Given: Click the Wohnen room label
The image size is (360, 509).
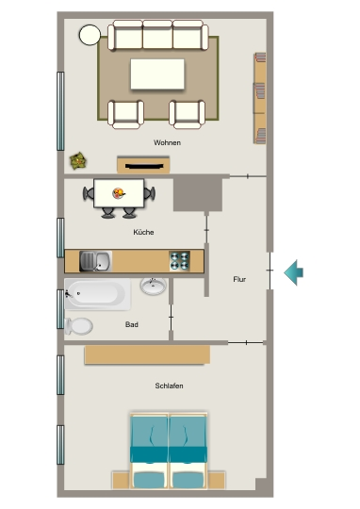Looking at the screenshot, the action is click(167, 142).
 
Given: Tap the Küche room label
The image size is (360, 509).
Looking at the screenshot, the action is click(143, 232).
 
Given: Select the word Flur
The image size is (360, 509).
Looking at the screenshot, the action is click(239, 279).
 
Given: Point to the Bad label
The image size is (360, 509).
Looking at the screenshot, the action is click(132, 324).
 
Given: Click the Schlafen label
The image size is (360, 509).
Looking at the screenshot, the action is click(169, 386).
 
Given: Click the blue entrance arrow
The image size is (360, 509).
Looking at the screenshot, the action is click(294, 272).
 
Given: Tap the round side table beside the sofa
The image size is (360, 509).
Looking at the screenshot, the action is click(90, 35).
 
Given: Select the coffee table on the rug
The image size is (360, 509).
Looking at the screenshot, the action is click(157, 74).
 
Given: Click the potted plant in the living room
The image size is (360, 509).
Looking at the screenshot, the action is click(78, 161).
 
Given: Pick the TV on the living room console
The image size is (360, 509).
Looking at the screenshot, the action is click(144, 167).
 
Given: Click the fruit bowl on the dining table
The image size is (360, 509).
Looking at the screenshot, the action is click(119, 193).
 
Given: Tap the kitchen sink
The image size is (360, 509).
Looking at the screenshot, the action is click(96, 261).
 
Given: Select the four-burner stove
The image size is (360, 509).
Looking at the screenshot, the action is click(179, 261).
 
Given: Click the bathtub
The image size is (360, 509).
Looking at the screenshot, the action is click(98, 294).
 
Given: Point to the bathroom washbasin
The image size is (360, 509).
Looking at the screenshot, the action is click(154, 286).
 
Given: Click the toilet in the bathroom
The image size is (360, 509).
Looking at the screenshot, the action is click(79, 326).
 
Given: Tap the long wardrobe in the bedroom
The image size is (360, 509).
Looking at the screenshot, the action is click(147, 354).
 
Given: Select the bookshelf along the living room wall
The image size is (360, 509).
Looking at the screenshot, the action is click(260, 98).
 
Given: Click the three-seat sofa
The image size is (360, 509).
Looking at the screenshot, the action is click(157, 35).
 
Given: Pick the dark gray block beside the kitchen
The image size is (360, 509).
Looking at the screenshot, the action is click(198, 194).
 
